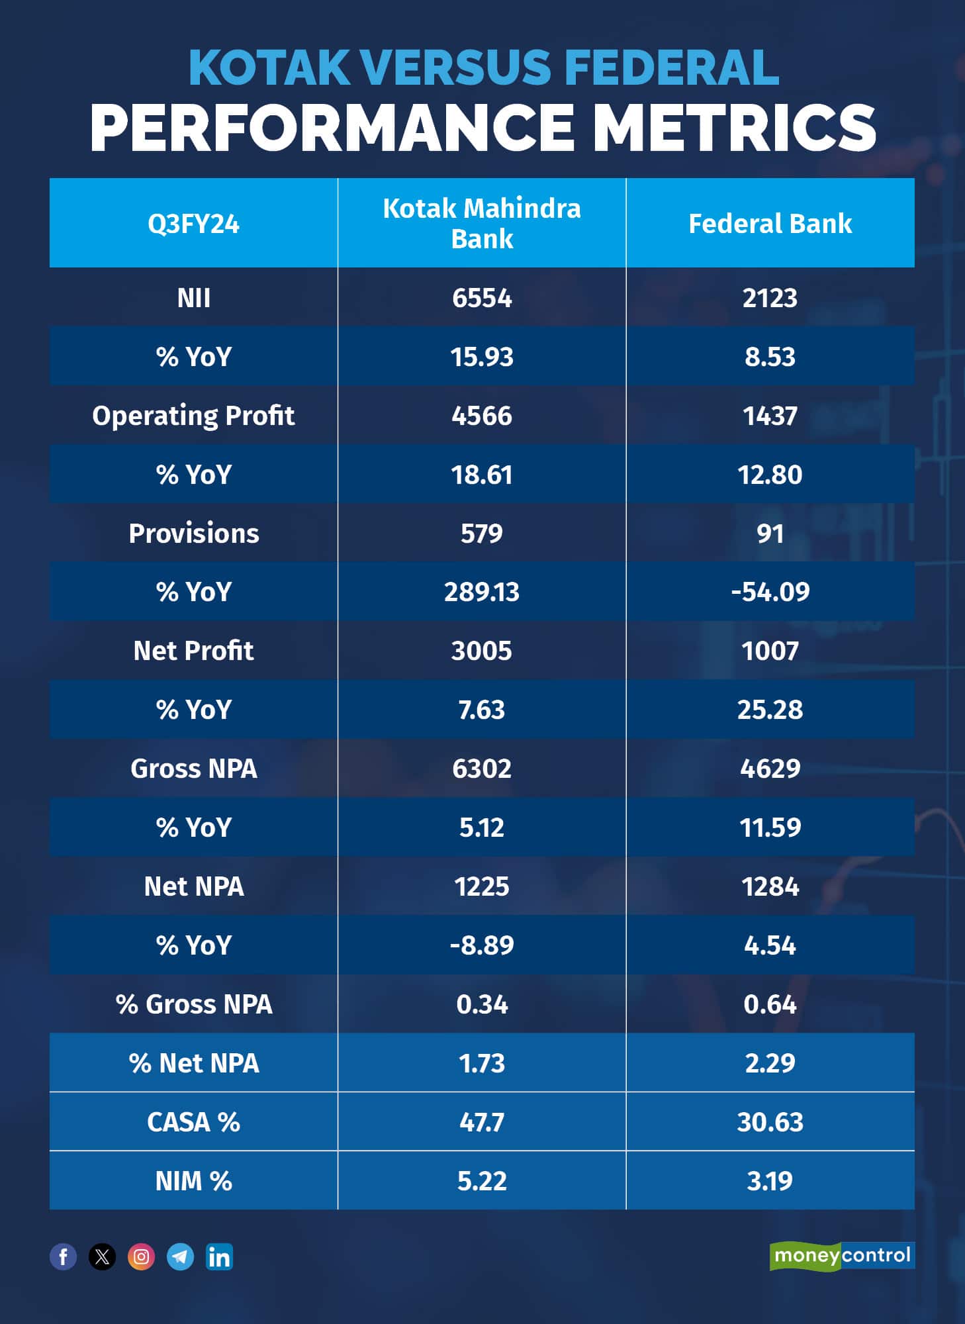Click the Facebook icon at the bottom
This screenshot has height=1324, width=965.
(64, 1256)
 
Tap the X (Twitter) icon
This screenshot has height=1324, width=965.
(103, 1256)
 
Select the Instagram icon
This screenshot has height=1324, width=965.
(141, 1256)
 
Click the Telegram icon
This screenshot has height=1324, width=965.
(180, 1256)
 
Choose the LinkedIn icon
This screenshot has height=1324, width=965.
(219, 1256)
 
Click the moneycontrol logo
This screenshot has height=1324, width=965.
(842, 1256)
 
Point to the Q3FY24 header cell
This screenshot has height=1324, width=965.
(193, 224)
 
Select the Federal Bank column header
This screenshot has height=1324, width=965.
(770, 224)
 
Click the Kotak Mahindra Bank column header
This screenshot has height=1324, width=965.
(482, 224)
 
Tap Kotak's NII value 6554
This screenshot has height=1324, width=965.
(482, 298)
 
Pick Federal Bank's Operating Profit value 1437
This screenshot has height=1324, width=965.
(770, 416)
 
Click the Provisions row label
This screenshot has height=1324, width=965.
(193, 534)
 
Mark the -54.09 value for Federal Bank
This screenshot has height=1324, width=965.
(770, 592)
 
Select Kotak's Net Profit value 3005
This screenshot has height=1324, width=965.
(482, 651)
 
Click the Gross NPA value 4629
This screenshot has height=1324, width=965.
(770, 769)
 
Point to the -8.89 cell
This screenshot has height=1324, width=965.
(482, 945)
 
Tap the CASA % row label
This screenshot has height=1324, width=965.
(193, 1122)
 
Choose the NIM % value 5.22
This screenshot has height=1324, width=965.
(482, 1181)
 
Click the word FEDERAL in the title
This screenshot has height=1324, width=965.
(671, 68)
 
